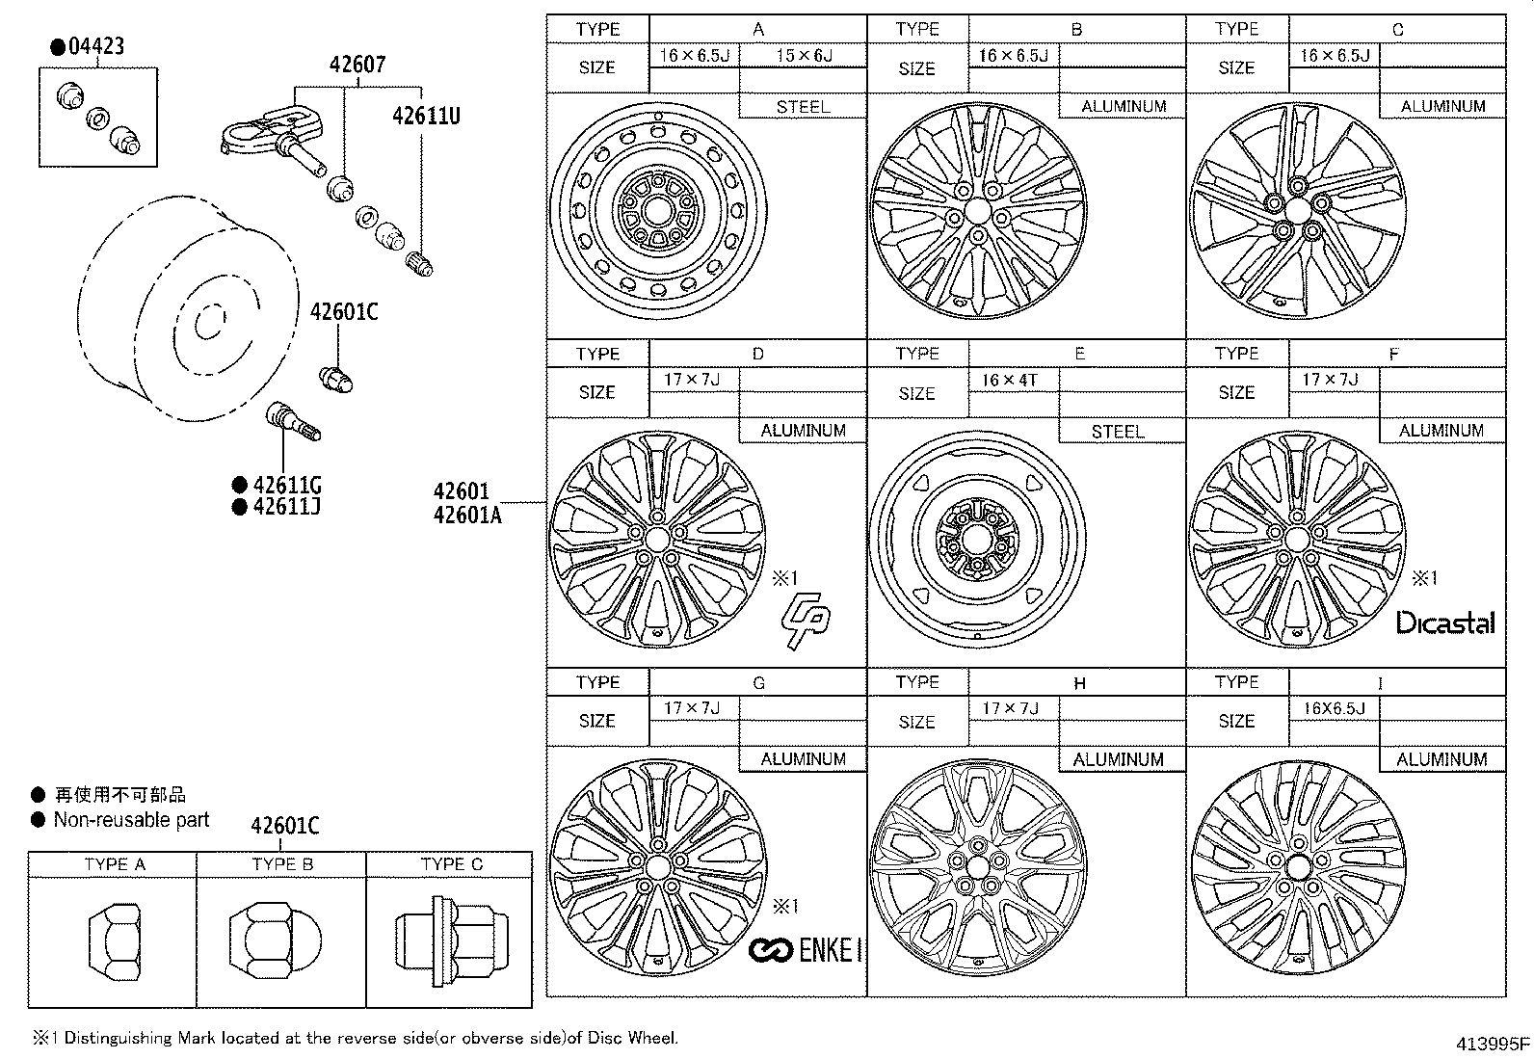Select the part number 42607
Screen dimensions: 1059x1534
357,65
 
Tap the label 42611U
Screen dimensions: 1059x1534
426,117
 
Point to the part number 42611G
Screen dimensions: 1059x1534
286,485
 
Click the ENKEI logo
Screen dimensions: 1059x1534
806,950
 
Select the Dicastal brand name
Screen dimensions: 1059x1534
1445,622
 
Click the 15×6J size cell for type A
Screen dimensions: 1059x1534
804,56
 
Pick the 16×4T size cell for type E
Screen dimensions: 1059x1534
1009,381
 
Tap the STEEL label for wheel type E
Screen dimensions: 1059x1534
1118,431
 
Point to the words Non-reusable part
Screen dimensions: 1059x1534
131,820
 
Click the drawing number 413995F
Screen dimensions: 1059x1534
1492,1044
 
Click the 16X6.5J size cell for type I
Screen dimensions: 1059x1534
1334,708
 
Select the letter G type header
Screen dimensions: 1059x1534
758,682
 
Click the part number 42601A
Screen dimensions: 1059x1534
467,516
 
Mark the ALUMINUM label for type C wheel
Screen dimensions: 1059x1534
1442,106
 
